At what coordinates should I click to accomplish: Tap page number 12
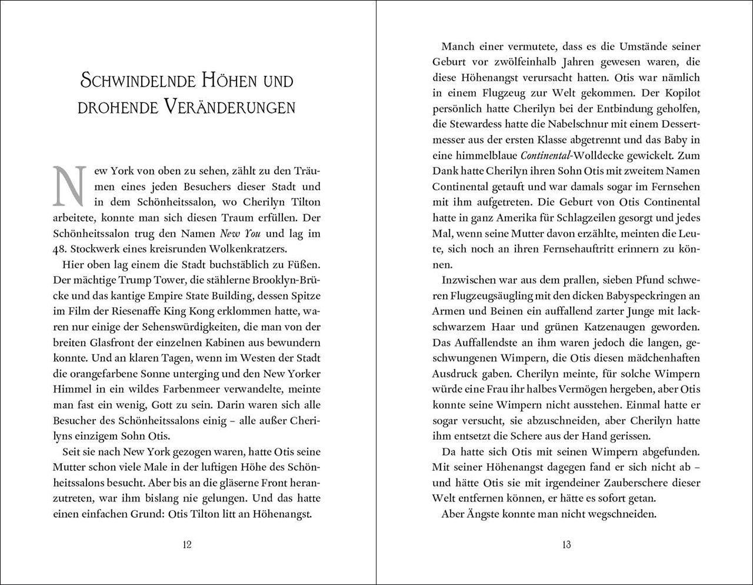[x=186, y=544]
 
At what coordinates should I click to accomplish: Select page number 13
[x=566, y=544]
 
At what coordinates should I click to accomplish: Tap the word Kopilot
[x=680, y=93]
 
